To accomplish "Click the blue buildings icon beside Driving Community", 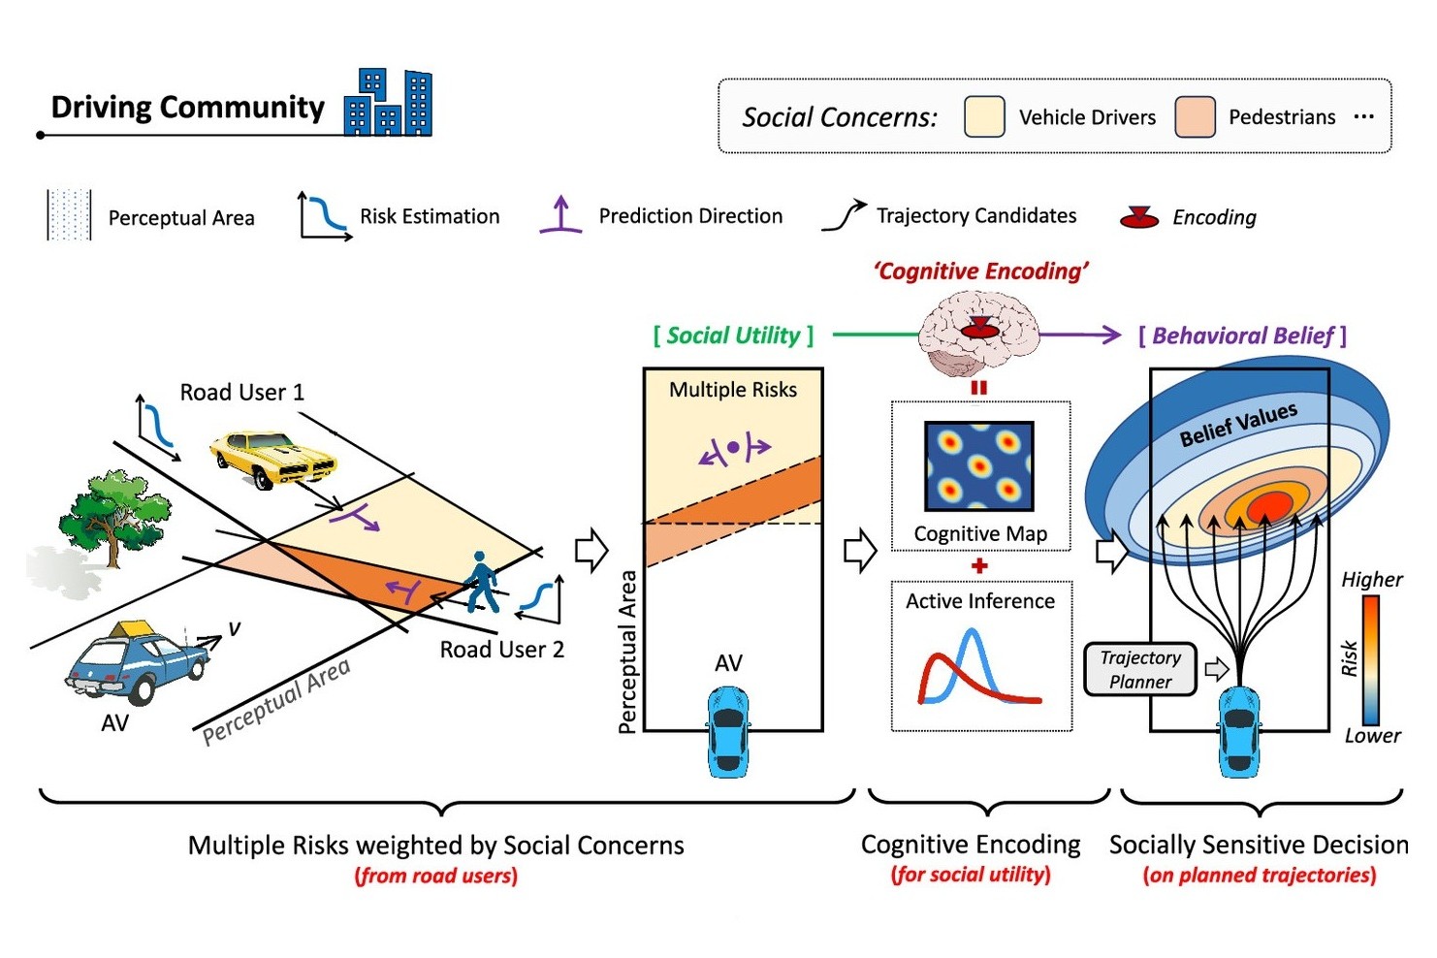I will (388, 103).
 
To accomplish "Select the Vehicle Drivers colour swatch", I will (983, 117).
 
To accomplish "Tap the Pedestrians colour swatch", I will (1195, 117).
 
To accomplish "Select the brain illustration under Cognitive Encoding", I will (977, 335).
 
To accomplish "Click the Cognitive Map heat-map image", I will (978, 466).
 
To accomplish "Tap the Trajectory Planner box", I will (1139, 669).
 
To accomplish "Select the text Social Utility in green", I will (733, 335).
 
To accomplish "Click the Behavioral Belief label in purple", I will (1242, 335).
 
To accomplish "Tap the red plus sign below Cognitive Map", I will (979, 565).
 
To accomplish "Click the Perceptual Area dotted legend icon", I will (69, 215).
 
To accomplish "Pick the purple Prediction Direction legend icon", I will (560, 215).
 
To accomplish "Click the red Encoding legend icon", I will (1138, 217).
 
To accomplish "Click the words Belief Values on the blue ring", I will (1237, 425).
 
